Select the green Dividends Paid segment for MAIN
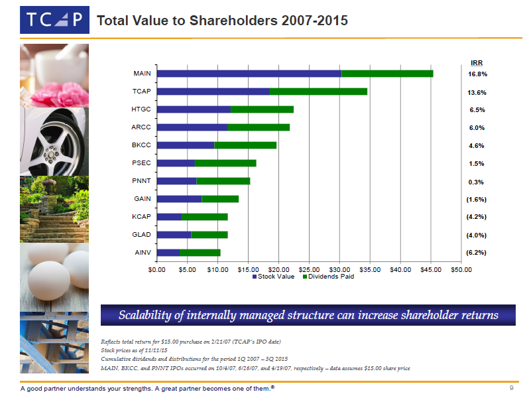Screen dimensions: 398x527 387,74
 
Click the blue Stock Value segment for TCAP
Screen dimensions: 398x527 213,92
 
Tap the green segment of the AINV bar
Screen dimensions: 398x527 200,252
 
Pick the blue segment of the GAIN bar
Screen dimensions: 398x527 180,198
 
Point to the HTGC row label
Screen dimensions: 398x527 142,109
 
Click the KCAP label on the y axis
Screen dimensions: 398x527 142,216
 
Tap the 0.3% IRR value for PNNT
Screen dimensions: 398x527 477,182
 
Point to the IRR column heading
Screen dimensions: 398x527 476,63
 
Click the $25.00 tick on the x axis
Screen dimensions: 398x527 309,269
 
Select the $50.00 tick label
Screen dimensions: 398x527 461,269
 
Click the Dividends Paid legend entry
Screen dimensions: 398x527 328,277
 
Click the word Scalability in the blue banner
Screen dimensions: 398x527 145,315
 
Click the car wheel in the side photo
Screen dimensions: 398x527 52,143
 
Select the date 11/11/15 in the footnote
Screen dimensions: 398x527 164,350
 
